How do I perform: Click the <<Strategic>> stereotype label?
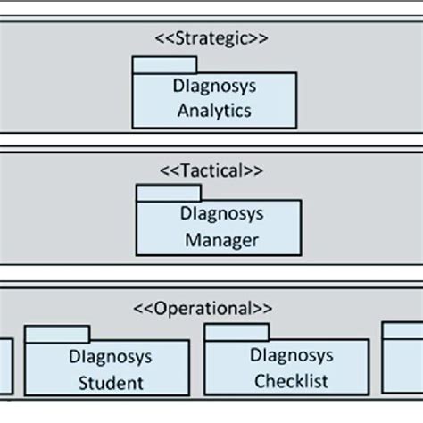point(212,38)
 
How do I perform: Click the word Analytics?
point(214,112)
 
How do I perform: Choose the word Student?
point(111,384)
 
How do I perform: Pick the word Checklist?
point(291,381)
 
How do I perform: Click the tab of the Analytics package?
point(164,65)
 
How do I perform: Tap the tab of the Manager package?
point(168,193)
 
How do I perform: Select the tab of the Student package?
point(57,335)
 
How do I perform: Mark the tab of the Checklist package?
point(237,333)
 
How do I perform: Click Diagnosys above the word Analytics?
point(214,88)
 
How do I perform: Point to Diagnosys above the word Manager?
point(220,215)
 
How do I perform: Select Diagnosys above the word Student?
point(111,358)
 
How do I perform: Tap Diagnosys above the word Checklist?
point(292,356)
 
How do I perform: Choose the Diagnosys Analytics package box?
point(214,100)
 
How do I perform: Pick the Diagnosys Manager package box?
point(219,228)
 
